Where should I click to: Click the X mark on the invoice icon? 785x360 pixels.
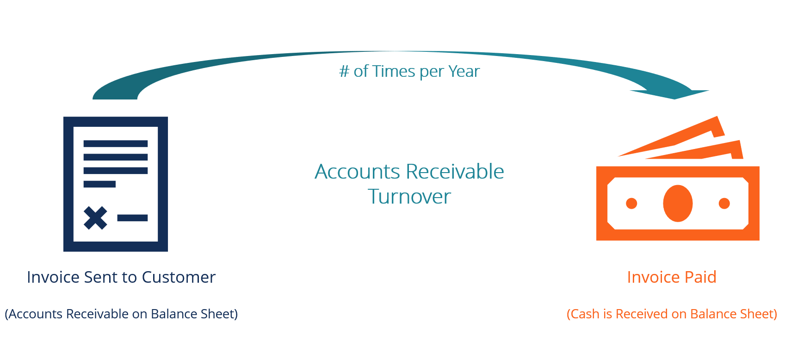coord(95,218)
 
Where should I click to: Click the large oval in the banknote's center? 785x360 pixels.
coord(678,204)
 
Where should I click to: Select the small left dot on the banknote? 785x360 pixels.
coord(631,204)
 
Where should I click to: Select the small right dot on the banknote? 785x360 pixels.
coord(724,204)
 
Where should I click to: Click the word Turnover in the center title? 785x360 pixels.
coord(409,197)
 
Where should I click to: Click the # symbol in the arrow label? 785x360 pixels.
coord(344,72)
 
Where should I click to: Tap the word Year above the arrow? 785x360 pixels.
coord(464,72)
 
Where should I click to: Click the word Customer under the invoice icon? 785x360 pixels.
coord(179,277)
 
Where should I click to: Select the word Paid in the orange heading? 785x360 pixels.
coord(700,277)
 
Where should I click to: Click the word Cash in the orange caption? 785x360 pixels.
coord(585,314)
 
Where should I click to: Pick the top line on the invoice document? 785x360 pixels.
coord(115,144)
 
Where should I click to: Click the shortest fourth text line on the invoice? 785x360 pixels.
coord(99,184)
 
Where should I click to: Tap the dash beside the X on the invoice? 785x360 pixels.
coord(132,218)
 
